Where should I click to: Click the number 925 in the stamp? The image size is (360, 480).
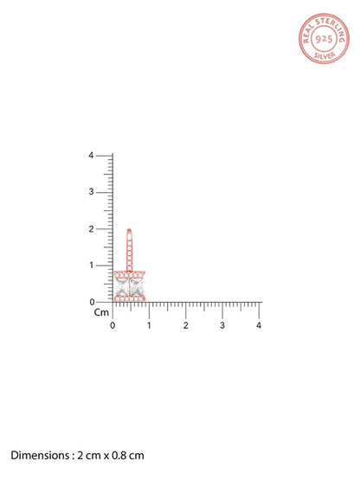324,39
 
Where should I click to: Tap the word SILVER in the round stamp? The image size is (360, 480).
325,55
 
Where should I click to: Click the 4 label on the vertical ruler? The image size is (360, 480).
91,156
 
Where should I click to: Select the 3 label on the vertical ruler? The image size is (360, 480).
91,192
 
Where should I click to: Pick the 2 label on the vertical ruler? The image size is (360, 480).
91,228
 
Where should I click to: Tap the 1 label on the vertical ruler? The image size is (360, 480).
92,266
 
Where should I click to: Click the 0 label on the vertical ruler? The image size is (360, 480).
92,302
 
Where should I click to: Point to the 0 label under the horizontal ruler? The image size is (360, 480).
112,325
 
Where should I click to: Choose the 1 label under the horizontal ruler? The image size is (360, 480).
149,325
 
